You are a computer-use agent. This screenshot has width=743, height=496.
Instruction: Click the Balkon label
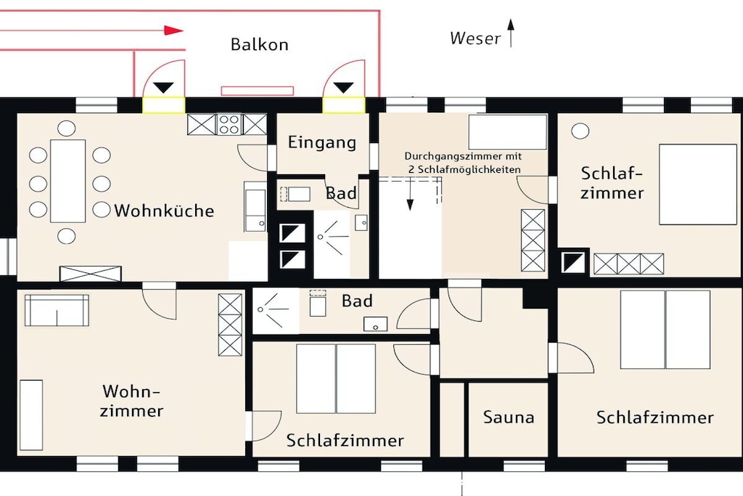coord(259,44)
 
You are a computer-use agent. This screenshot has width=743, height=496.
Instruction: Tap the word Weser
coord(475,38)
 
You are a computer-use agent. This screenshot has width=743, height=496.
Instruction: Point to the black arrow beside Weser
coord(510,33)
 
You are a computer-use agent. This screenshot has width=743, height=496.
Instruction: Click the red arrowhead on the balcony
coord(173,31)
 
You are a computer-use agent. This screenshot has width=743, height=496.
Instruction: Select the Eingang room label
coord(321,142)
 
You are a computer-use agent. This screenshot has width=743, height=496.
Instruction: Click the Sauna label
coord(509,418)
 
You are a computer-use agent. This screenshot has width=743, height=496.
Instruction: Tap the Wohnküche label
coord(164,211)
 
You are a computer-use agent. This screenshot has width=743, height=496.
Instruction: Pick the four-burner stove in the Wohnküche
coord(229,124)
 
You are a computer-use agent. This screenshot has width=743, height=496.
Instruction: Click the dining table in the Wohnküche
coord(67,181)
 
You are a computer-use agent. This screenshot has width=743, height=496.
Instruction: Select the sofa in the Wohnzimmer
coord(57,310)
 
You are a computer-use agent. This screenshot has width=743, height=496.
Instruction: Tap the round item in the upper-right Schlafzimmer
coord(580,131)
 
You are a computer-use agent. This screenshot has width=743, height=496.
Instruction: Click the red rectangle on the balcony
coord(258,91)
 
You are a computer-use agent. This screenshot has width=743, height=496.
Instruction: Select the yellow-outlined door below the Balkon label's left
coord(163,105)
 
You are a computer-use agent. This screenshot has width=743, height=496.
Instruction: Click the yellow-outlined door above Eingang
coord(344,105)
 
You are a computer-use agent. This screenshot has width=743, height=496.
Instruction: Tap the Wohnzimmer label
coord(131,401)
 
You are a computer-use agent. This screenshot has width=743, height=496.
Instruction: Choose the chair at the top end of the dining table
coord(66,128)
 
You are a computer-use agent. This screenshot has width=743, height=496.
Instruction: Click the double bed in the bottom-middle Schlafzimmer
coord(336,379)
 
